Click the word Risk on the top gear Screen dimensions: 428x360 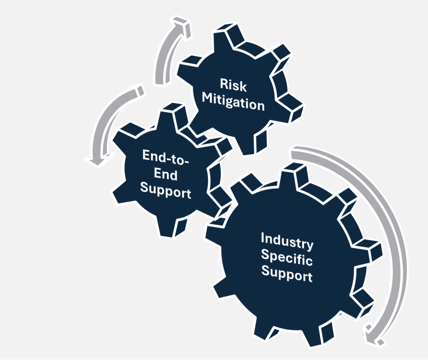pos(233,85)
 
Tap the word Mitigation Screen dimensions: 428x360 pos(233,102)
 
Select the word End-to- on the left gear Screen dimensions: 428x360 pos(166,158)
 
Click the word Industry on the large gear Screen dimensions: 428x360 pos(287,241)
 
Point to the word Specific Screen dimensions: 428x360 pos(287,257)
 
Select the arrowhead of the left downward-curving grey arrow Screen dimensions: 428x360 pos(98,160)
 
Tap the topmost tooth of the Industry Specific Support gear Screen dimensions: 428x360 pos(293,175)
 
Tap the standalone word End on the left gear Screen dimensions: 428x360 pos(166,174)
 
